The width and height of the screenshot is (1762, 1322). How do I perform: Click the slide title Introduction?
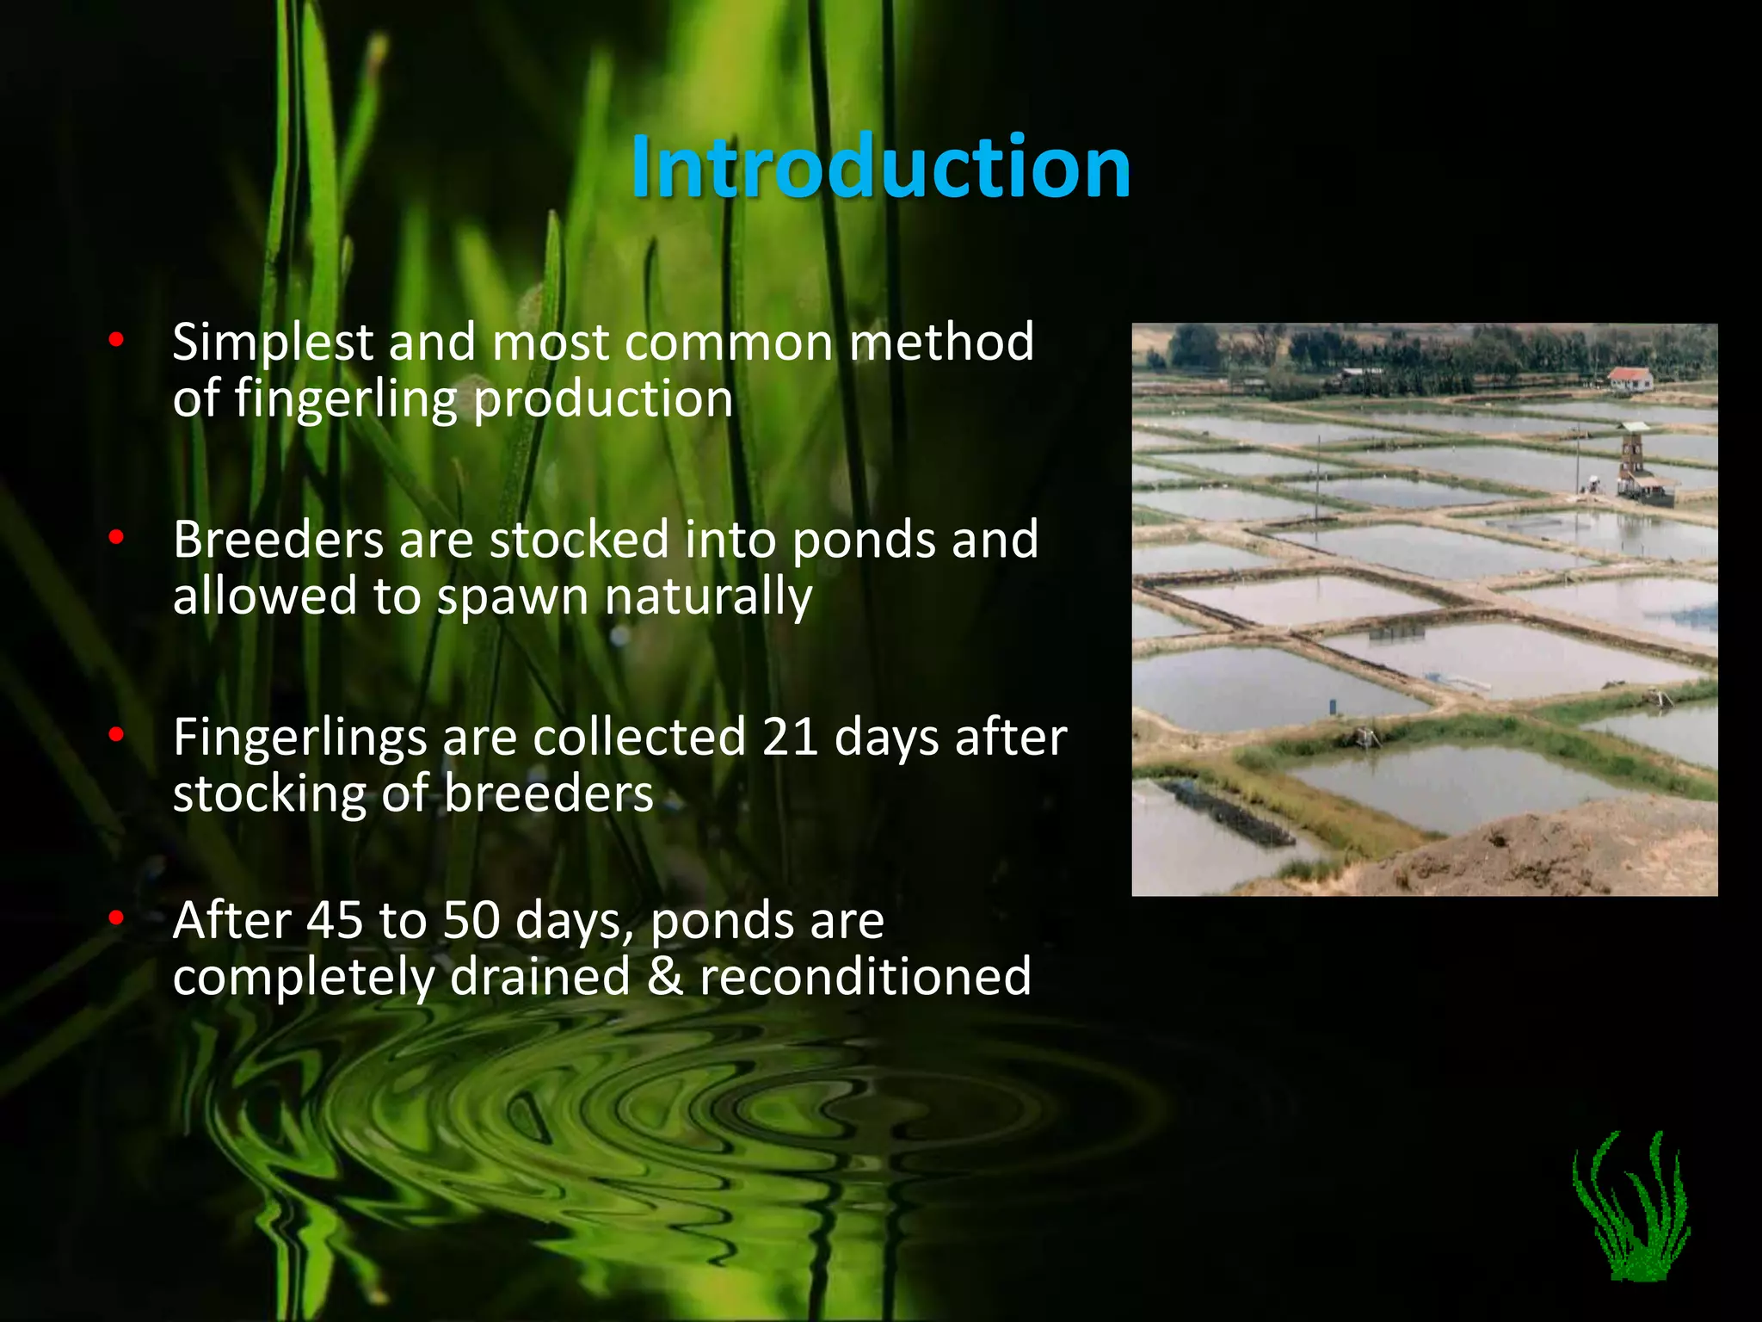click(880, 167)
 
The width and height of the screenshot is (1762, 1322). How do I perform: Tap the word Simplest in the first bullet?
click(272, 343)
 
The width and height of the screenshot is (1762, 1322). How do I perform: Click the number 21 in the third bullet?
click(789, 738)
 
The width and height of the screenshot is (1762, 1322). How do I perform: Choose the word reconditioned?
click(865, 976)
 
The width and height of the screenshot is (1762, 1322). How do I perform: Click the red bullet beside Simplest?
click(116, 341)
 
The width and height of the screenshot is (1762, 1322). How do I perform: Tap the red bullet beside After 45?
click(116, 918)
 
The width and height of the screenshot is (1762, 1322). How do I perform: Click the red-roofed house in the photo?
click(1630, 379)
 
